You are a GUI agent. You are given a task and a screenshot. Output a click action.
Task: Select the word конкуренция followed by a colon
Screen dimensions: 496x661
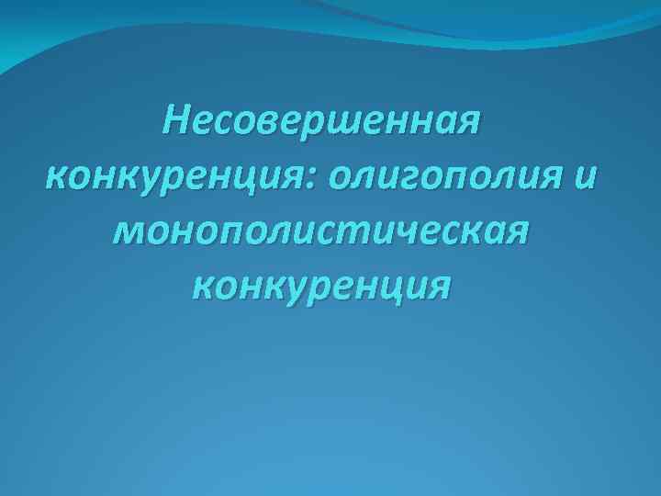174,175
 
